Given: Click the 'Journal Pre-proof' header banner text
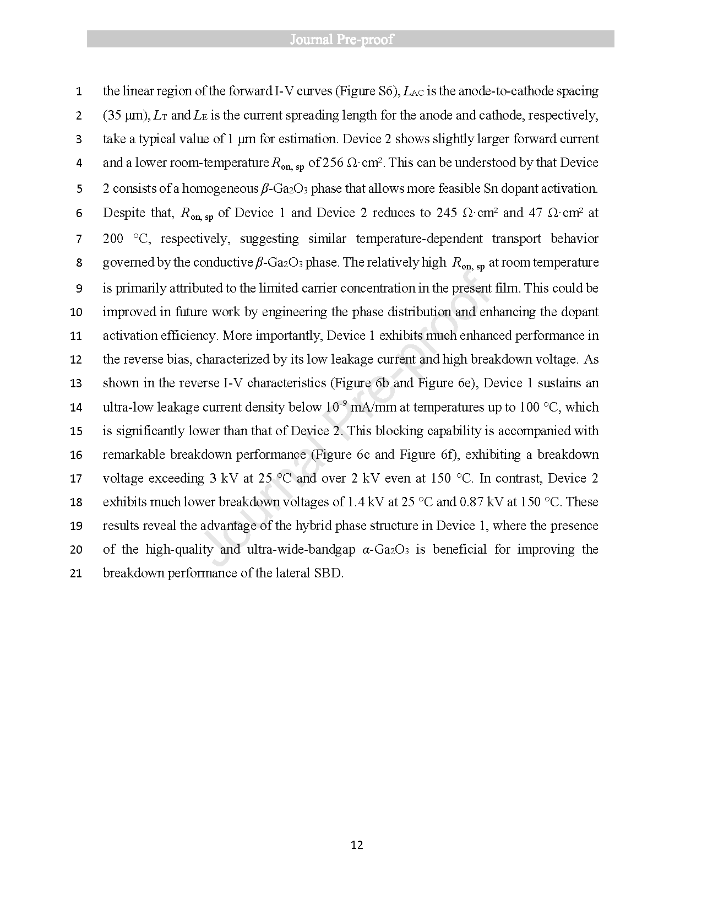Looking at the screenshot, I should [x=350, y=39].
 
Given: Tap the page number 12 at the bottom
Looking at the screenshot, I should [x=356, y=845].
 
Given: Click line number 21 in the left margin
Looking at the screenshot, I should [x=76, y=573].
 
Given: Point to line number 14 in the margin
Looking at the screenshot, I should [x=76, y=408].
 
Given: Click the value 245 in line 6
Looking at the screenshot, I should [x=447, y=213].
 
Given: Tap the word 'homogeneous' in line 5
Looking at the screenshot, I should [x=220, y=188].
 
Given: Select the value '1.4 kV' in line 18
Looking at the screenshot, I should [x=366, y=502].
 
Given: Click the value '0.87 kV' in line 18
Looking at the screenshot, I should [x=481, y=502].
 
